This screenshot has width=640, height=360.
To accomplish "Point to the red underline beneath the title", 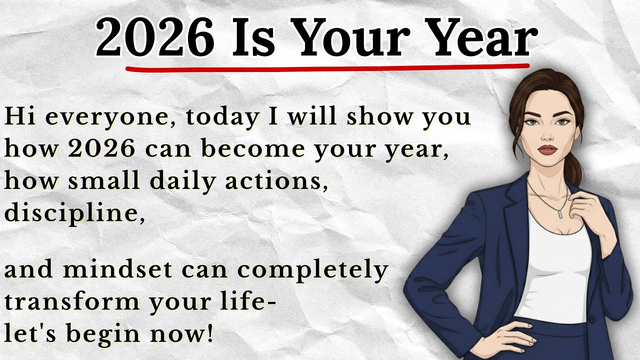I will point(327,66).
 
